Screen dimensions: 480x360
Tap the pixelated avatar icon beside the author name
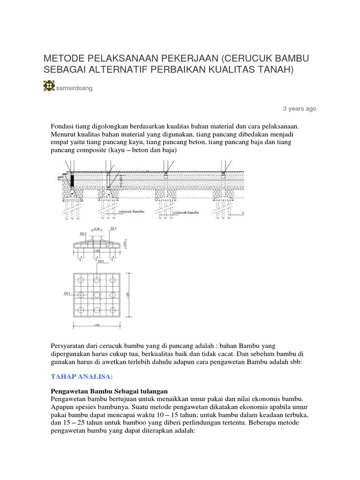click(49, 86)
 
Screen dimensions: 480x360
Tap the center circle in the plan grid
click(97, 295)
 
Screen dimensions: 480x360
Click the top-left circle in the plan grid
click(81, 280)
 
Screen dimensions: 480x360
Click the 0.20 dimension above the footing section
click(97, 229)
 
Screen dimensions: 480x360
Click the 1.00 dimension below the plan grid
click(97, 324)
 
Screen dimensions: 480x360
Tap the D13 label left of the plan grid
click(67, 293)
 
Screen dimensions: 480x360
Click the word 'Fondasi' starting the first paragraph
click(61, 126)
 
